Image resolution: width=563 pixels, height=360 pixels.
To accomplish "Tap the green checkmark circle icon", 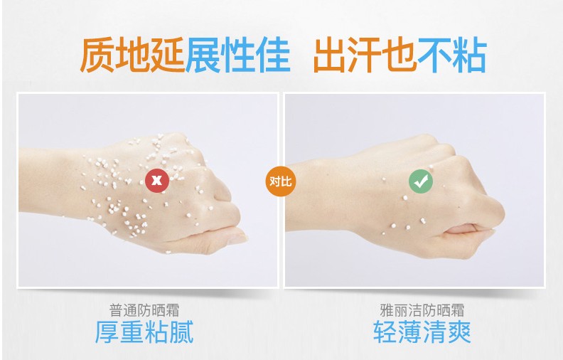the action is pos(421,181).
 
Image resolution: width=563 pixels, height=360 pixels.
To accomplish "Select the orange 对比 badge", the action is pos(280,181).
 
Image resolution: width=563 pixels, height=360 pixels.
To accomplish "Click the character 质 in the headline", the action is pos(97,55).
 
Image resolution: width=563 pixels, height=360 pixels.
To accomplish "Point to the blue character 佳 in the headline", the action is pos(273,55).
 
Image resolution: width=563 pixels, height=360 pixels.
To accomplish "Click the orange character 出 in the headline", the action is pos(331,55).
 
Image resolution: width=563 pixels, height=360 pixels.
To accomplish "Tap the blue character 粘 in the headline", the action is pos(469,55).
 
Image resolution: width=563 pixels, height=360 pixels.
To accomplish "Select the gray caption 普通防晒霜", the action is pos(144,310).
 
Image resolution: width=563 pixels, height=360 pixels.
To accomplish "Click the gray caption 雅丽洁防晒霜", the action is pos(422,310).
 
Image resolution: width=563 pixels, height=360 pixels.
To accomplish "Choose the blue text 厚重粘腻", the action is pos(144,332).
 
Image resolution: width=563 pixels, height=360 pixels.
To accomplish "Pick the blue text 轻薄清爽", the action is pos(422,332).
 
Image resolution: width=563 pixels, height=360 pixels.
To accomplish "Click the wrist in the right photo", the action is pos(323,194).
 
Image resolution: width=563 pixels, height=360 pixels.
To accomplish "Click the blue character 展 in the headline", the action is pos(203,55).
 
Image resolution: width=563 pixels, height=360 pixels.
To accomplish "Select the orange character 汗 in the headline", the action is pos(365,55).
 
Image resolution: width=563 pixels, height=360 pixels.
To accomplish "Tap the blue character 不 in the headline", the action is pos(434,55).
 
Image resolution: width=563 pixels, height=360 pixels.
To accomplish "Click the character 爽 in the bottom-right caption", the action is pos(459,332).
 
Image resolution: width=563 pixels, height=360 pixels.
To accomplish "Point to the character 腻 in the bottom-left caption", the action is pos(181,332).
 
